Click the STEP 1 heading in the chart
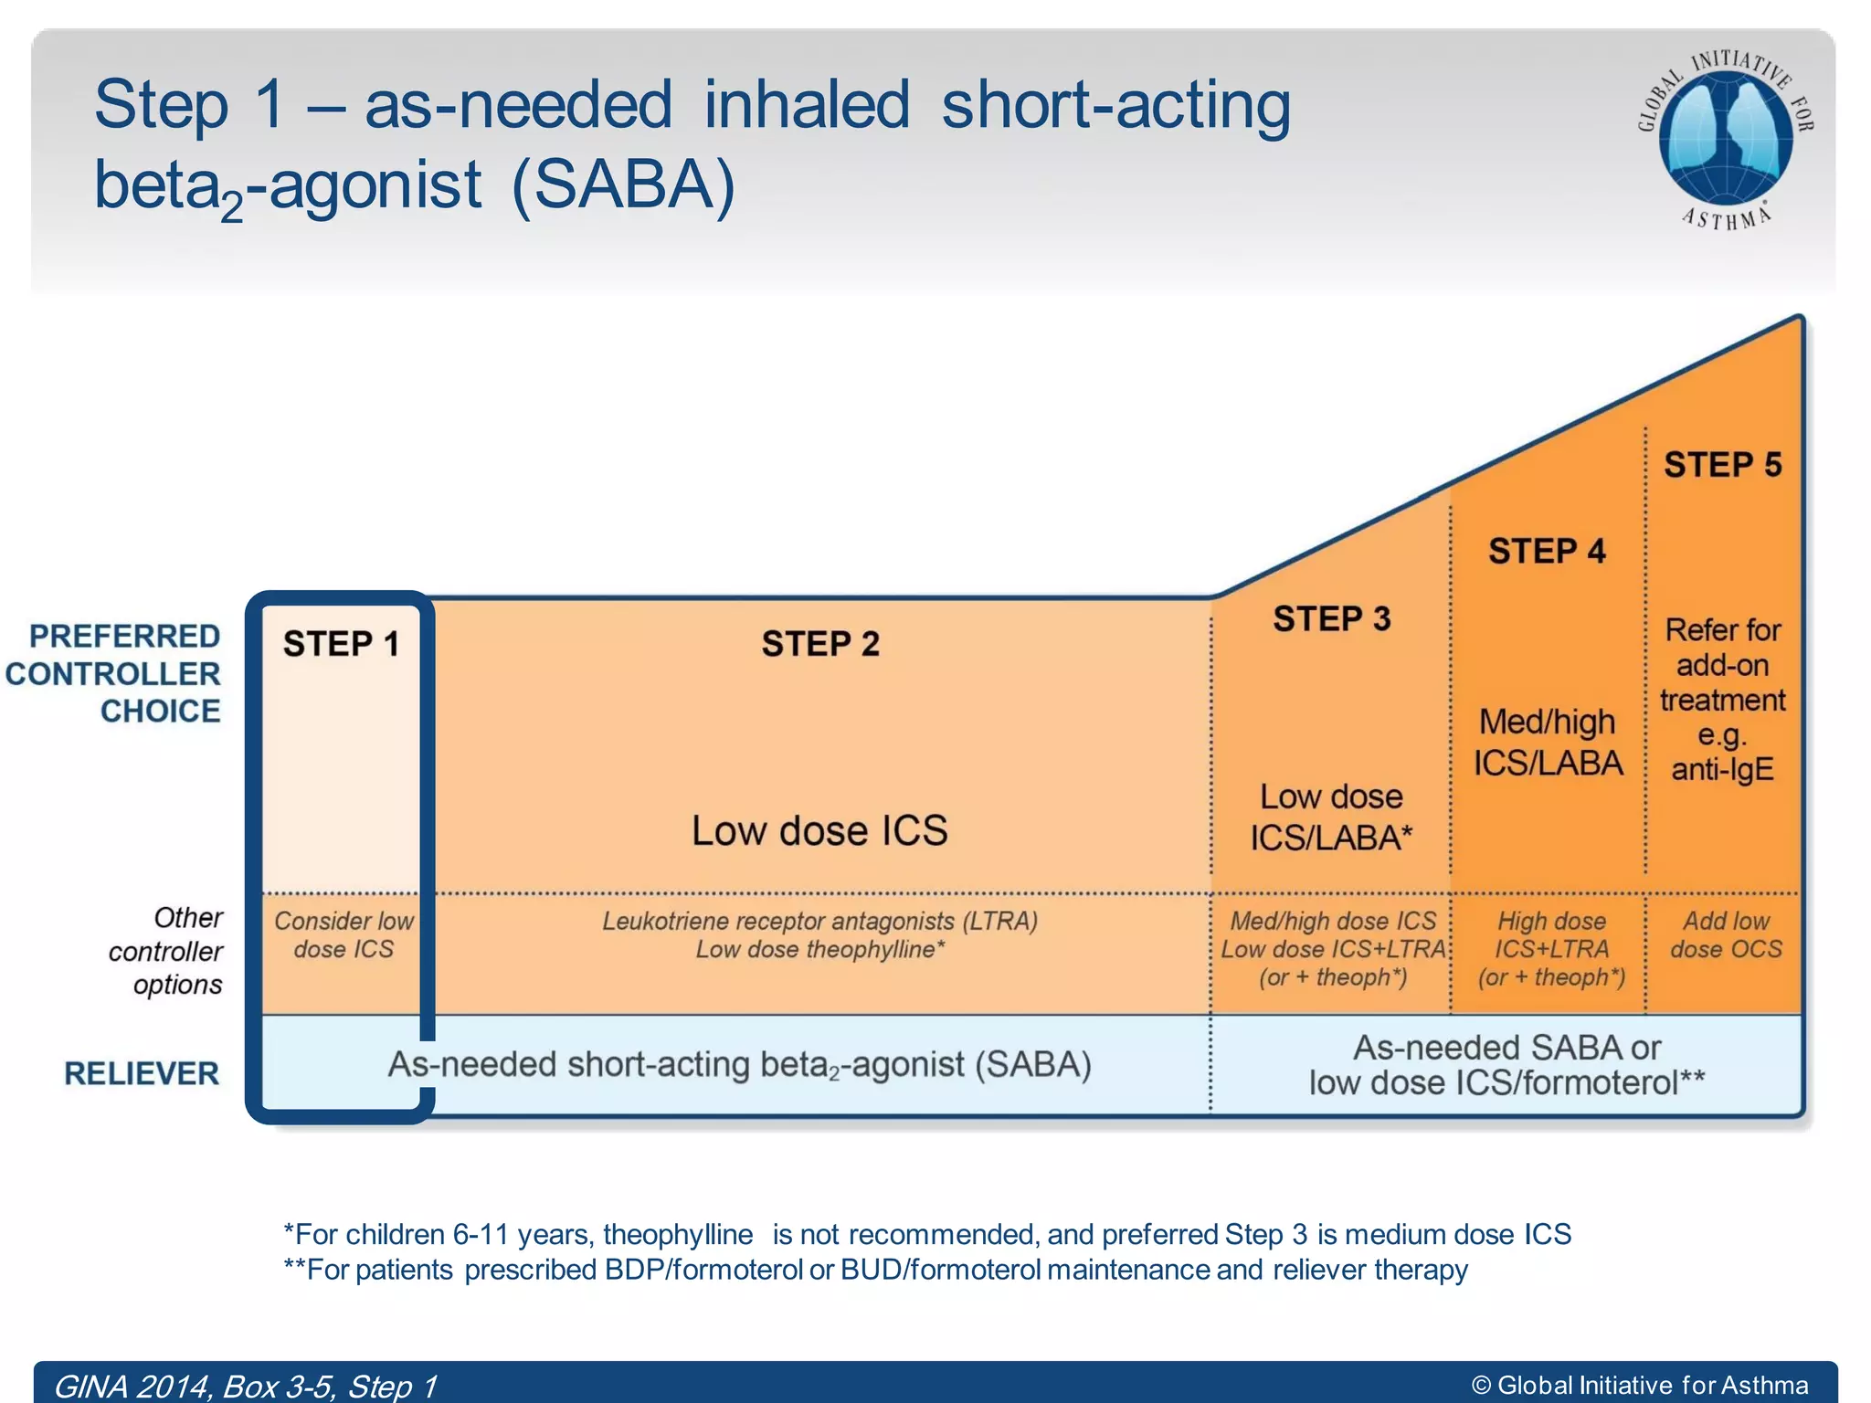point(341,644)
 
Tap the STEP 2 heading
point(819,644)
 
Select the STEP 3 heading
point(1331,618)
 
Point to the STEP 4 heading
point(1546,551)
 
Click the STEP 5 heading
point(1722,464)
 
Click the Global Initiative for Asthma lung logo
point(1725,137)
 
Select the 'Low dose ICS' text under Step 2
point(819,830)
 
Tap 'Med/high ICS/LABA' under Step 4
point(1548,742)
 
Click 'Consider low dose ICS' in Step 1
point(344,934)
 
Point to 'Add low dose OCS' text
point(1725,934)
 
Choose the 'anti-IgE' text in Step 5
point(1722,769)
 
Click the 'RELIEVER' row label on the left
point(142,1073)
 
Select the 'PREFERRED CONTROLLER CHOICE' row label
point(114,673)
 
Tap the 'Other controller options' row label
point(167,951)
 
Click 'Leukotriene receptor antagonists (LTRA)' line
point(819,921)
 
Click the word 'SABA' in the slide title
point(623,185)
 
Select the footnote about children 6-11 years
point(926,1234)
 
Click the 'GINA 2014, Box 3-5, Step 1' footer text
point(245,1386)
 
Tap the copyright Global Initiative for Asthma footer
point(1640,1386)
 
